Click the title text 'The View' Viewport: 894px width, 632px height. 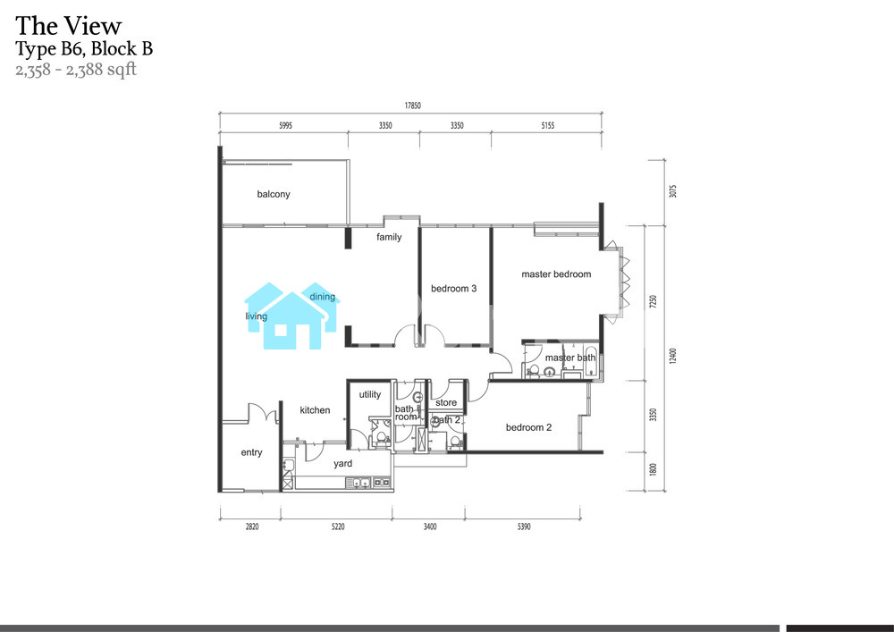click(69, 26)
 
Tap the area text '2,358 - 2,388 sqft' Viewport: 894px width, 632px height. click(76, 70)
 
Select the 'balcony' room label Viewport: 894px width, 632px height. click(274, 194)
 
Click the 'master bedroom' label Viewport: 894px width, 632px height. click(556, 274)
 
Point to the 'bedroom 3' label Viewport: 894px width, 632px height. click(454, 289)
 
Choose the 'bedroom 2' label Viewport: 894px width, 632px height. click(528, 427)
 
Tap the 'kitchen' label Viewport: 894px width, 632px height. click(315, 409)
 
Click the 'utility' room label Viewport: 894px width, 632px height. click(370, 394)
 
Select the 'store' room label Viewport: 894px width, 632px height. click(446, 402)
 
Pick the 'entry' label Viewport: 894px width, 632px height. click(251, 452)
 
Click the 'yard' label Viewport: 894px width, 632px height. click(342, 463)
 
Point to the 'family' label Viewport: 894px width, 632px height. click(389, 237)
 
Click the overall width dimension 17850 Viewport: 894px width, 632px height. click(413, 105)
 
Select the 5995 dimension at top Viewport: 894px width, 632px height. click(286, 125)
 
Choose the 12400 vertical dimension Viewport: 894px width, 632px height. click(673, 356)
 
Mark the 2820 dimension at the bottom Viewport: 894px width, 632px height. click(252, 527)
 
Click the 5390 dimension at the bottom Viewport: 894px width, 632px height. click(524, 527)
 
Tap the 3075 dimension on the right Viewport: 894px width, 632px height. click(673, 191)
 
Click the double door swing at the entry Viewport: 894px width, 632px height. click(263, 412)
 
